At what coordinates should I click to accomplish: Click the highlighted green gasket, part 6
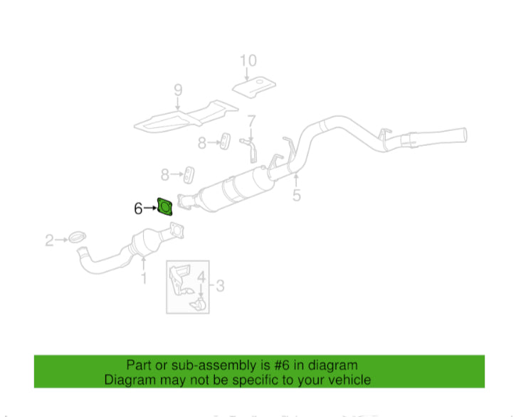[x=164, y=207]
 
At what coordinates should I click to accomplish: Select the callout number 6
[x=138, y=208]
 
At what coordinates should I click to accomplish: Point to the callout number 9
[x=178, y=90]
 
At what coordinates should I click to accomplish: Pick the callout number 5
[x=296, y=194]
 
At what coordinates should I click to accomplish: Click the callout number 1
[x=144, y=278]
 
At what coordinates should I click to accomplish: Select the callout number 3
[x=220, y=286]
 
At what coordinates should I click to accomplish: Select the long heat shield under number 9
[x=185, y=118]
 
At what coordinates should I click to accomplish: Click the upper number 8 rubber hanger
[x=223, y=142]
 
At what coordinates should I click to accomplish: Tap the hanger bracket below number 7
[x=251, y=146]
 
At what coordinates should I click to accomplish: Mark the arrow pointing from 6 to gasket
[x=150, y=208]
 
